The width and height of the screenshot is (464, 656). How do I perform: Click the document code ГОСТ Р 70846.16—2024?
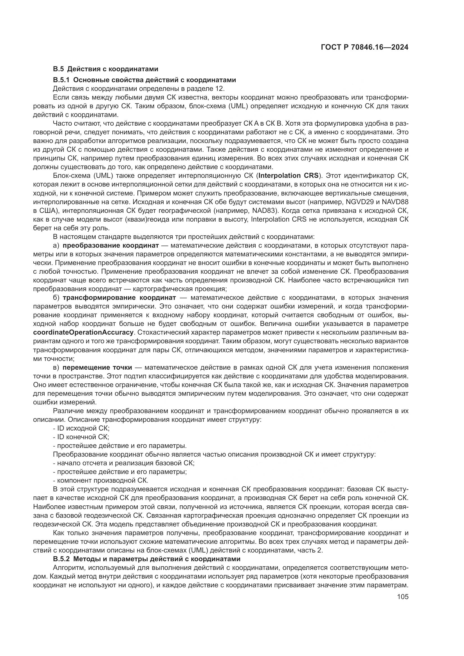(x=364, y=47)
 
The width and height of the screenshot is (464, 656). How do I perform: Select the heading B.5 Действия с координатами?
(x=105, y=69)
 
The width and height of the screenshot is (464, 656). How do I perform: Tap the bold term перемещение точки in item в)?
(x=97, y=367)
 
